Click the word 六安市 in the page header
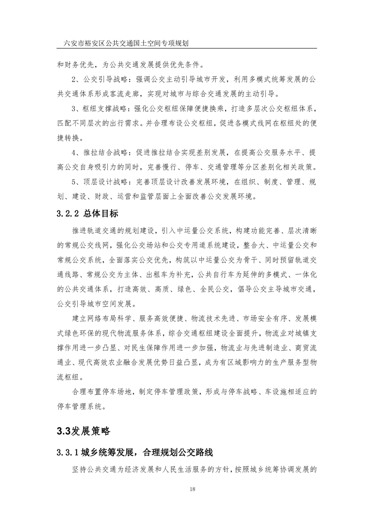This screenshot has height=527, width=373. (75, 43)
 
